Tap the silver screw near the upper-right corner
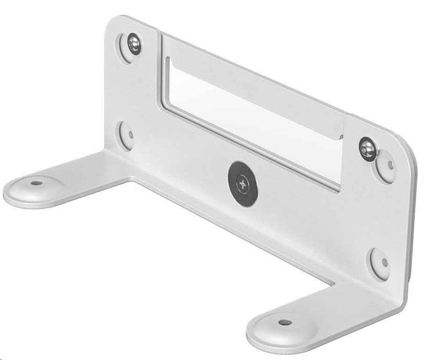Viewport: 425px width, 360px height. click(366, 149)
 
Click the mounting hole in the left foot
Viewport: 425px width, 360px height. click(35, 181)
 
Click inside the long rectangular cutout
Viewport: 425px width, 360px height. click(249, 110)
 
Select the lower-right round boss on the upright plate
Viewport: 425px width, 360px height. click(379, 262)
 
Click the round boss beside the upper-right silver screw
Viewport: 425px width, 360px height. click(385, 166)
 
